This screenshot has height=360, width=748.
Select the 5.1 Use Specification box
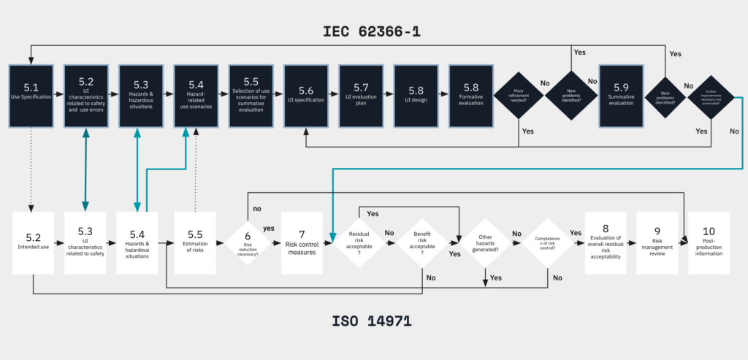click(30, 95)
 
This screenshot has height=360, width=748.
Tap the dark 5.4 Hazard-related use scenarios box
click(195, 95)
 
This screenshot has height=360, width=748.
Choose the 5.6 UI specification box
click(305, 95)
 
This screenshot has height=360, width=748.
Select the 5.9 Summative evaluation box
click(620, 95)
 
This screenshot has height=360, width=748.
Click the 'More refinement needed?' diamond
click(518, 96)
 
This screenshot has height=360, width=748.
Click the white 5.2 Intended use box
click(34, 242)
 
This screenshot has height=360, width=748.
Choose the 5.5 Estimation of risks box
click(195, 242)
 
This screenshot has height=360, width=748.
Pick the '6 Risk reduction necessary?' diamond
click(247, 242)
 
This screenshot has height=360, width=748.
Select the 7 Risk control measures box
click(302, 242)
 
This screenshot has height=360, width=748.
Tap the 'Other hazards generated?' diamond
click(486, 242)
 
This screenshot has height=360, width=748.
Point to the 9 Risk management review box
click(657, 242)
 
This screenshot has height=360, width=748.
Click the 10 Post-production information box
click(709, 242)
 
